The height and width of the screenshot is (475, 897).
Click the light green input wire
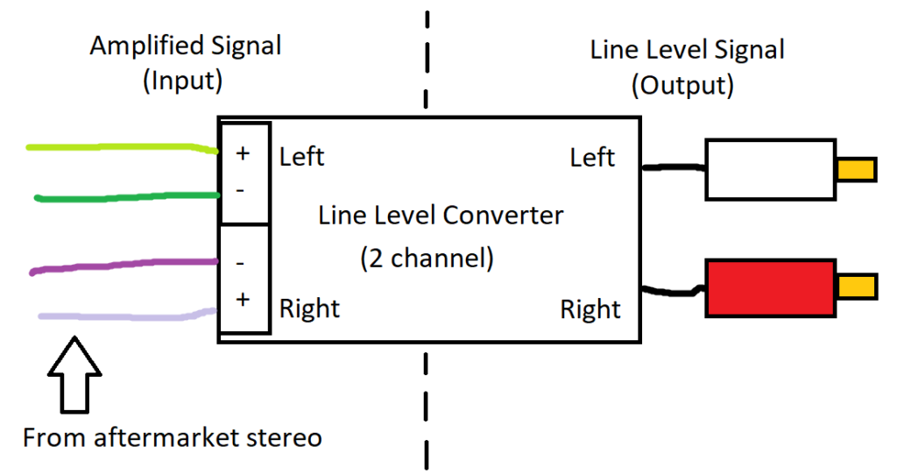pos(122,147)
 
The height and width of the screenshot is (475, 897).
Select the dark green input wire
pos(127,197)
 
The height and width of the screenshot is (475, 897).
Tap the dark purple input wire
pos(124,266)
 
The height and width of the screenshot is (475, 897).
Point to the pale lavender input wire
pos(128,315)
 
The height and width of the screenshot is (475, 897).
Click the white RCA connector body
pos(771,169)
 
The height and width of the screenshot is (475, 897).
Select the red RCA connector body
pos(771,287)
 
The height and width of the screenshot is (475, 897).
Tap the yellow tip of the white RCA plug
pos(857,170)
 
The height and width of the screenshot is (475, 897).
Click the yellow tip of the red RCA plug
pos(857,287)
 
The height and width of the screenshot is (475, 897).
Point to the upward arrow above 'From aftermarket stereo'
pos(74,374)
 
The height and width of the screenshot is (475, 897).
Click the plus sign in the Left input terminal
pos(243,152)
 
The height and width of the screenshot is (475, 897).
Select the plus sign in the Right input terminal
pos(243,300)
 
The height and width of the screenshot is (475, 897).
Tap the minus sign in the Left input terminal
pos(240,190)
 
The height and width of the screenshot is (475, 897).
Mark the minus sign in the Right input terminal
pos(240,263)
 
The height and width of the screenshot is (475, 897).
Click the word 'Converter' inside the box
pos(503,216)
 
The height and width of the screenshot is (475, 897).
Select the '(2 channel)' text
pos(427,259)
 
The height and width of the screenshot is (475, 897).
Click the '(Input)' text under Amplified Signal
pos(182,81)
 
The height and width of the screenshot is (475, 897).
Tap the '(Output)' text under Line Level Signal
pos(682,85)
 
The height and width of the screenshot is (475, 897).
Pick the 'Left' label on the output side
pos(592,158)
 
